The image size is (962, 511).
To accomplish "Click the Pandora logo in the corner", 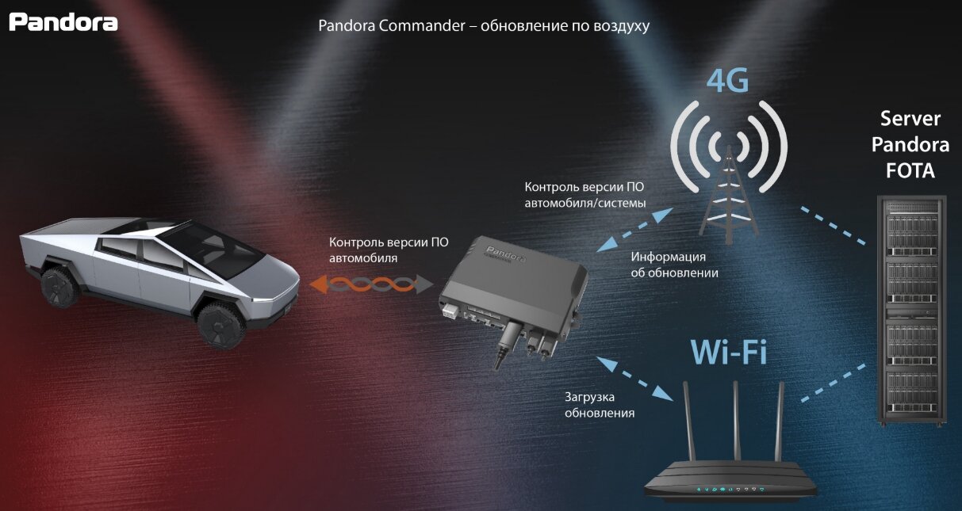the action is click(63, 21).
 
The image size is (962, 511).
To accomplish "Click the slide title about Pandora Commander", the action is click(484, 25).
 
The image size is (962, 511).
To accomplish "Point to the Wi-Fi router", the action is click(730, 475).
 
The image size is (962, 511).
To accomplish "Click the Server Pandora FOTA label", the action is click(910, 145).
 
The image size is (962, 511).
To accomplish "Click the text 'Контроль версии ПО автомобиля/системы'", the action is click(585, 195).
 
